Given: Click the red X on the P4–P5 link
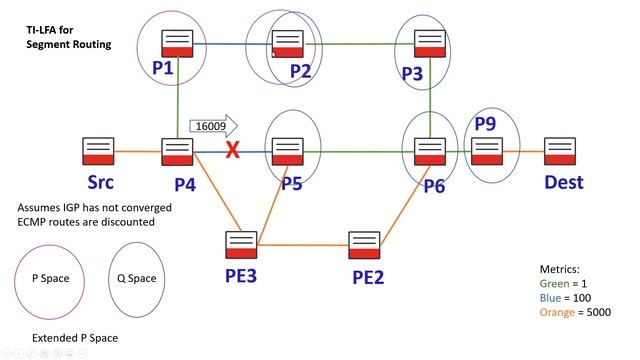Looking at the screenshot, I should [233, 151].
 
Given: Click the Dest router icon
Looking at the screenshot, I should [559, 152].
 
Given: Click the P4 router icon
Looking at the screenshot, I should [177, 152].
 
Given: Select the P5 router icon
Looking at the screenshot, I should [288, 152].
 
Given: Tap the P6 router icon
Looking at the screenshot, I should [429, 152].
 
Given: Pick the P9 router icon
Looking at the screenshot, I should [486, 152].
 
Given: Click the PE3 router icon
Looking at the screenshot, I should [241, 244].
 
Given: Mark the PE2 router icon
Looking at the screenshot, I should [364, 244].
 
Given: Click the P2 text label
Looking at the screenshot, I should [301, 71].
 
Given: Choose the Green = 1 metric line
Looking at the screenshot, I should [563, 283].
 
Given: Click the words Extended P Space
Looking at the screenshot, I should [75, 338].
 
